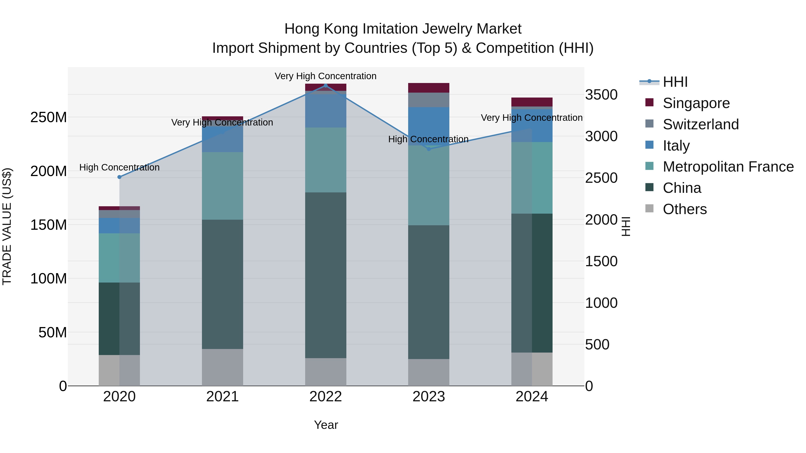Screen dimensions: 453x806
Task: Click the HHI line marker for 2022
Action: tap(325, 86)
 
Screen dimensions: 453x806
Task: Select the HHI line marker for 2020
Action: tap(119, 177)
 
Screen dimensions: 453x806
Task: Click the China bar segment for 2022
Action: tap(325, 275)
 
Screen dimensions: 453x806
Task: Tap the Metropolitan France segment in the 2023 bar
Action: tap(429, 185)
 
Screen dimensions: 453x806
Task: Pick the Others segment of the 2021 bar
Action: tap(223, 367)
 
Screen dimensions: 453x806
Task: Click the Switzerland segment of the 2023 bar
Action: tap(429, 100)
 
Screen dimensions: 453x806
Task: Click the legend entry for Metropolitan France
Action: tap(728, 167)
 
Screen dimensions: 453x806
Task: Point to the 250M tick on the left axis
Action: tap(49, 117)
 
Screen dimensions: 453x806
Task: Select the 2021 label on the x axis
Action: tap(223, 396)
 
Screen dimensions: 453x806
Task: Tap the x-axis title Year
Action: tap(326, 425)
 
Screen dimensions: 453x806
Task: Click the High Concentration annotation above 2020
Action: tap(119, 167)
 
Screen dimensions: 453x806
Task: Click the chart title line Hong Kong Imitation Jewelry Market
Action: tap(403, 29)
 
